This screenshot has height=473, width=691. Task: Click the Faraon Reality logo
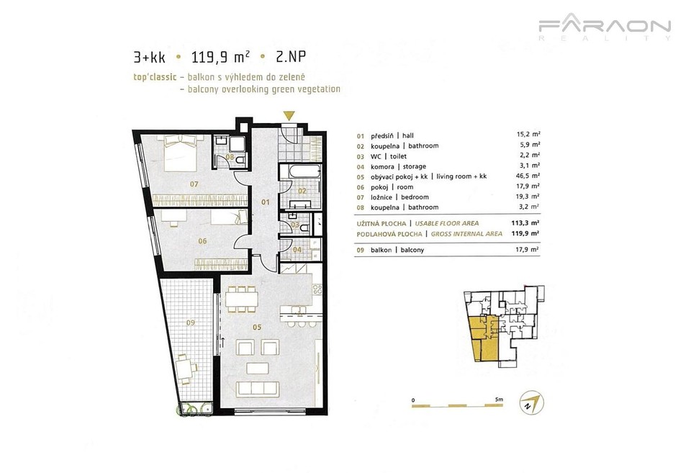(605, 27)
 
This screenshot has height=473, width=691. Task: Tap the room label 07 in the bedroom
(194, 184)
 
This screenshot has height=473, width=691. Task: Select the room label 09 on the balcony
(190, 323)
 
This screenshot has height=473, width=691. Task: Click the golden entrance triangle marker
(288, 116)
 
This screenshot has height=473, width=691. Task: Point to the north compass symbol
(533, 402)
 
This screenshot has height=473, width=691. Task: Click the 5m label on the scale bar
(499, 400)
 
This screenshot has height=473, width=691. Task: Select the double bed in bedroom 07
(181, 153)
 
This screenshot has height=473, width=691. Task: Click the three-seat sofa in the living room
(258, 388)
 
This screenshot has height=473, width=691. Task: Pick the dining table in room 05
(241, 299)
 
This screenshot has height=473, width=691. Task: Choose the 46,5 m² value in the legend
(528, 176)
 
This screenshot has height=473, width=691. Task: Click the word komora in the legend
(382, 166)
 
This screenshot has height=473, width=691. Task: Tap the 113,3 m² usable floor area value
(528, 223)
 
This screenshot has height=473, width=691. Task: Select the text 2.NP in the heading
(290, 56)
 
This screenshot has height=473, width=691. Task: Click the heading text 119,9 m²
(221, 57)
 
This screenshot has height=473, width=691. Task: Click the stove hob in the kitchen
(317, 289)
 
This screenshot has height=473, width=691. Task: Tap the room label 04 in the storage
(297, 250)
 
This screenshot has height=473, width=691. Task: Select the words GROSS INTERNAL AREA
(466, 234)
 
